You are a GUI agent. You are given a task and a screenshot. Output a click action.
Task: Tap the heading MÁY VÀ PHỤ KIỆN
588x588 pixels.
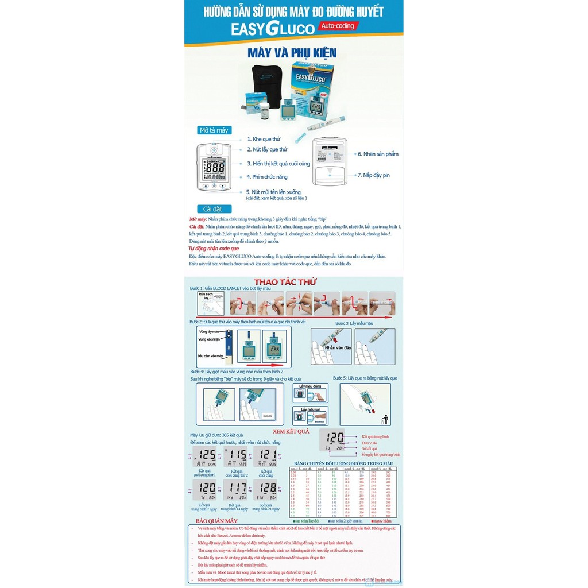tap(292, 53)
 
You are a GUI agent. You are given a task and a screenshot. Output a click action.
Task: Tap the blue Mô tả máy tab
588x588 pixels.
tap(214, 130)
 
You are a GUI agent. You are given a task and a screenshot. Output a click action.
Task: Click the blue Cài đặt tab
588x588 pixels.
tap(214, 209)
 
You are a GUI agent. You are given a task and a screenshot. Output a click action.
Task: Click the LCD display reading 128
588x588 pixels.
tap(267, 490)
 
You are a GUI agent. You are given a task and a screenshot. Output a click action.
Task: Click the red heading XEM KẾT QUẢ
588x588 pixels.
tap(291, 431)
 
